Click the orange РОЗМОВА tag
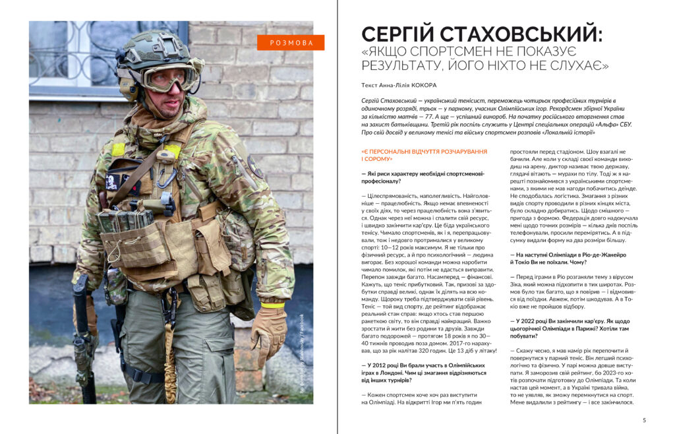click(291, 43)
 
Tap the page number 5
click(644, 420)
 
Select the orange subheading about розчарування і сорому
click(423, 155)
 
